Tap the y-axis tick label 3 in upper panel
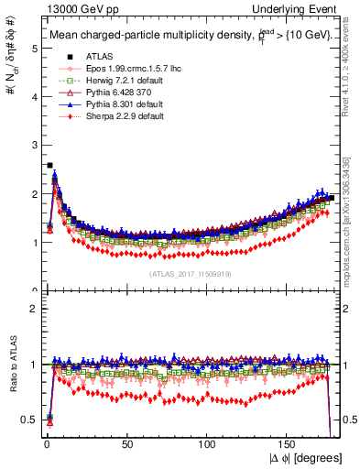[x=34, y=146]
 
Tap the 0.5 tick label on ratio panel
[x=29, y=420]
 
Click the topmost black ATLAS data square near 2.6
[x=49, y=166]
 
